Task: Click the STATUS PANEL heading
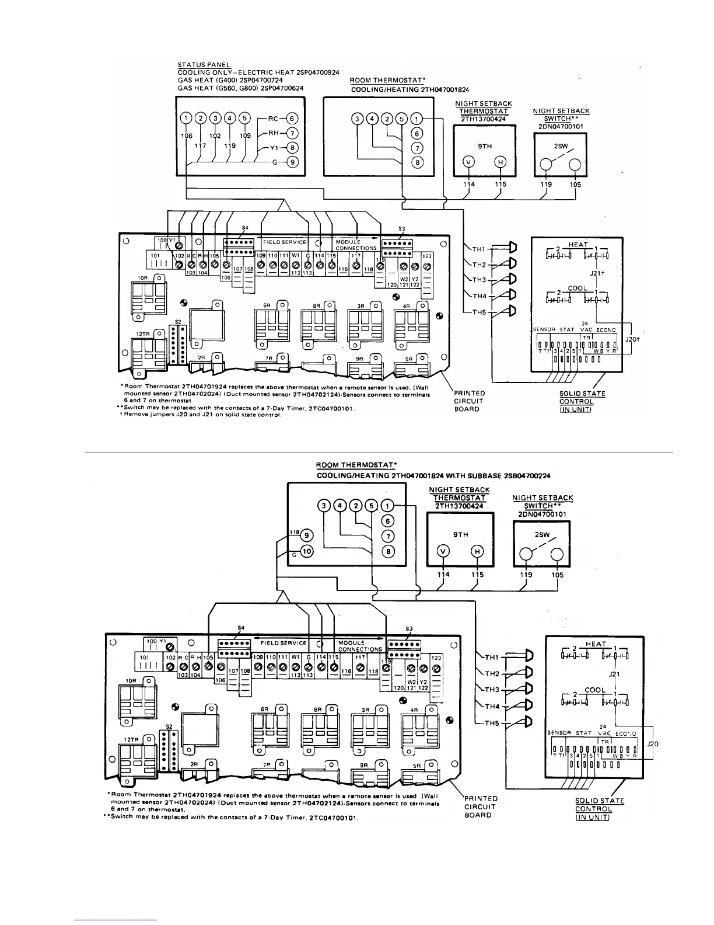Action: [x=204, y=64]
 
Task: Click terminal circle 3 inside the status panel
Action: [x=215, y=119]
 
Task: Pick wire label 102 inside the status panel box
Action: [x=215, y=135]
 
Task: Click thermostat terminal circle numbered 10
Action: [x=307, y=550]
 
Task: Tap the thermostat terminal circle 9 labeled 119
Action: [x=307, y=535]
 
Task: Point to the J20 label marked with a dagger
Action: [x=633, y=339]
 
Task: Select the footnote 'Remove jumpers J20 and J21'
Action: [x=201, y=415]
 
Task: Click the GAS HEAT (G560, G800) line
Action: [x=240, y=88]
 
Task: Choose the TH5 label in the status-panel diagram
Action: [x=479, y=312]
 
